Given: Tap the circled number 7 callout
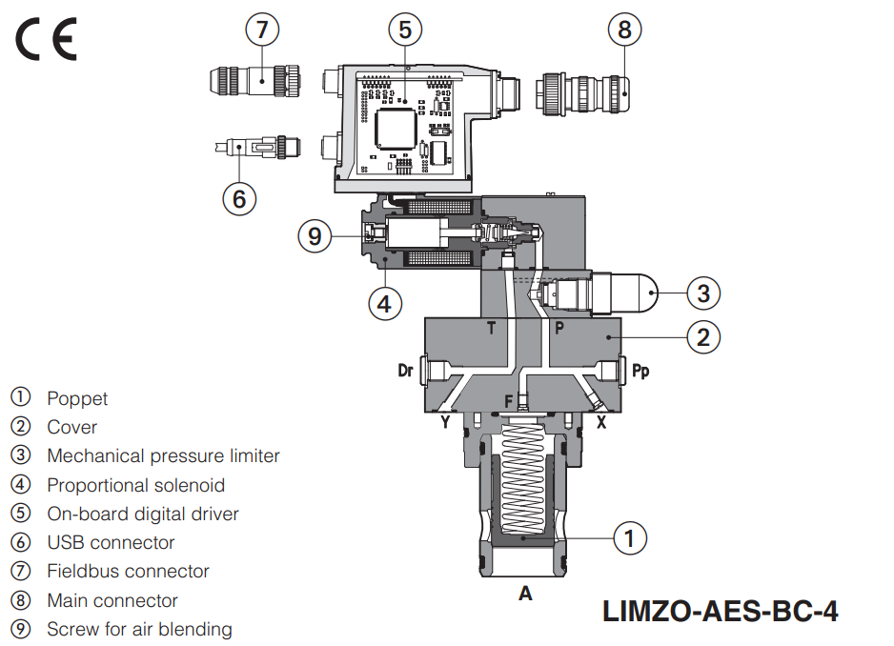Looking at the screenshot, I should [262, 30].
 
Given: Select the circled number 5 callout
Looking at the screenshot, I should [405, 30].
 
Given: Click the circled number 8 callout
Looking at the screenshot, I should [624, 30].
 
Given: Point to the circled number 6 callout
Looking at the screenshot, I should [239, 198].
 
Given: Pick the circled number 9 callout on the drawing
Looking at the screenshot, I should [315, 234].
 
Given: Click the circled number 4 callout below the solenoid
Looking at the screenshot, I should [383, 303].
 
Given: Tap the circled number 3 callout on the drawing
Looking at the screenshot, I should [703, 293].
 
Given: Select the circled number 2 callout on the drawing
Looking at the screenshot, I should [702, 336].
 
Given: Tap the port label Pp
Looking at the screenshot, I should [641, 371].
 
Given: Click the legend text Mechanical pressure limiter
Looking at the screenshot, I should [163, 456].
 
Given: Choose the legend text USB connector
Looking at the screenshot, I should [111, 542].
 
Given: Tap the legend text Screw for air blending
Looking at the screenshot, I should [139, 629].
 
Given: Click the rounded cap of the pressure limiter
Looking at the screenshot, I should [647, 293].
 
